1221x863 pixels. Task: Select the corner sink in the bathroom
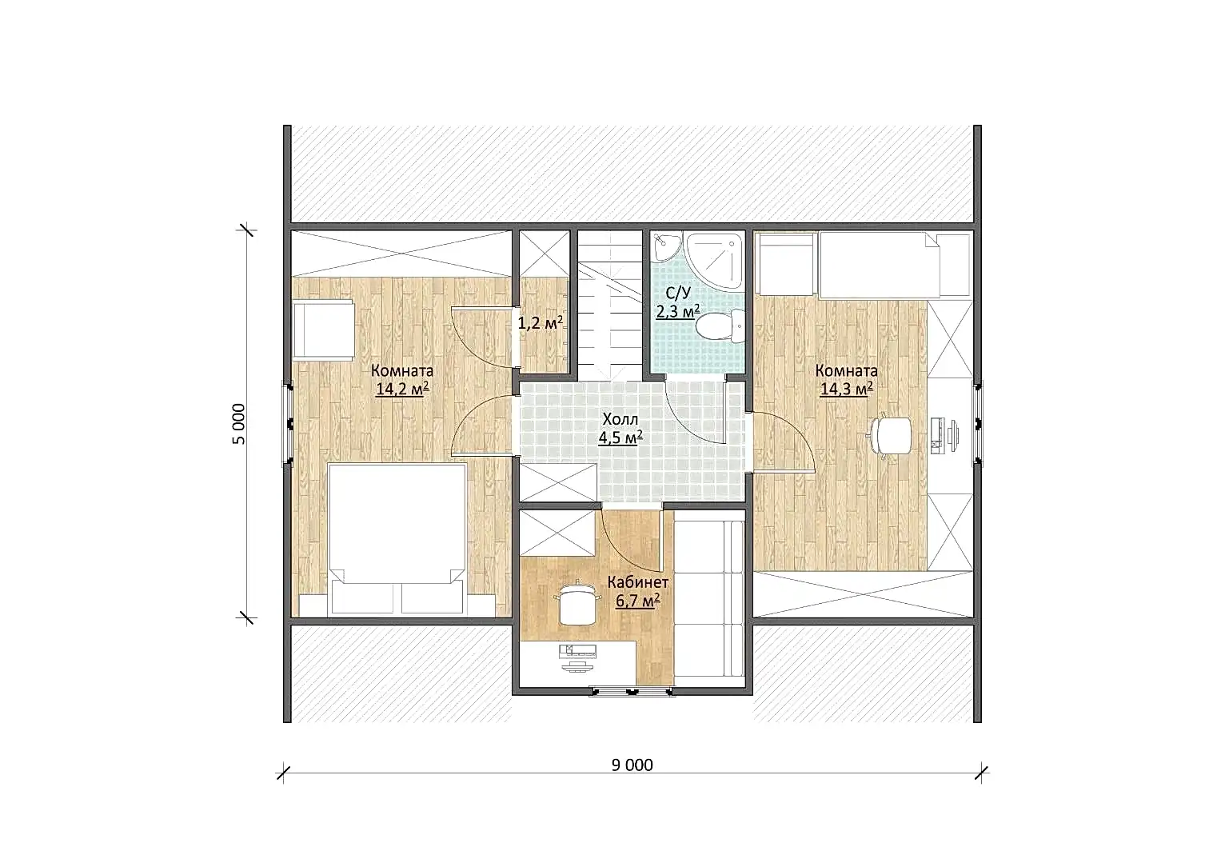665,246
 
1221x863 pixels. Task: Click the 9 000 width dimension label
632,765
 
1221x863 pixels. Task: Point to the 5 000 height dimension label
239,424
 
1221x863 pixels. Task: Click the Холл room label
620,419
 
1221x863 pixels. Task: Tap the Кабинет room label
638,582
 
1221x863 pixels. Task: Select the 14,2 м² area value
402,389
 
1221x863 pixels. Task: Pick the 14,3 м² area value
847,389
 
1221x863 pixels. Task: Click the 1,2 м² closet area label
540,323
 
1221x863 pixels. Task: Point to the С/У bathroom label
678,294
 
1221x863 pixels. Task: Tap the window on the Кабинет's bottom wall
632,691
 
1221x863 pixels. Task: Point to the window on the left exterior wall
288,424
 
